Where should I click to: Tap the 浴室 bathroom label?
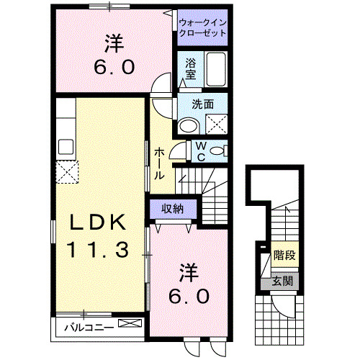pos(191,68)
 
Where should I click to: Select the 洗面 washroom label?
pos(202,104)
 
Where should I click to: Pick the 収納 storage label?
pos(171,209)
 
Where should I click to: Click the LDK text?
pos(98,222)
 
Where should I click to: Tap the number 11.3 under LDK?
pos(98,249)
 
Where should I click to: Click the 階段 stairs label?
pos(285,256)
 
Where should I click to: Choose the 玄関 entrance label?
pos(282,281)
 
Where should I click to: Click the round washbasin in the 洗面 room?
pos(188,126)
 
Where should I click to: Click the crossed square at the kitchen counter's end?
pos(68,172)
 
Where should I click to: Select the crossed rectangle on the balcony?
pos(130,325)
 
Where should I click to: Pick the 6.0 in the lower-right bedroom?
pos(189,295)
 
